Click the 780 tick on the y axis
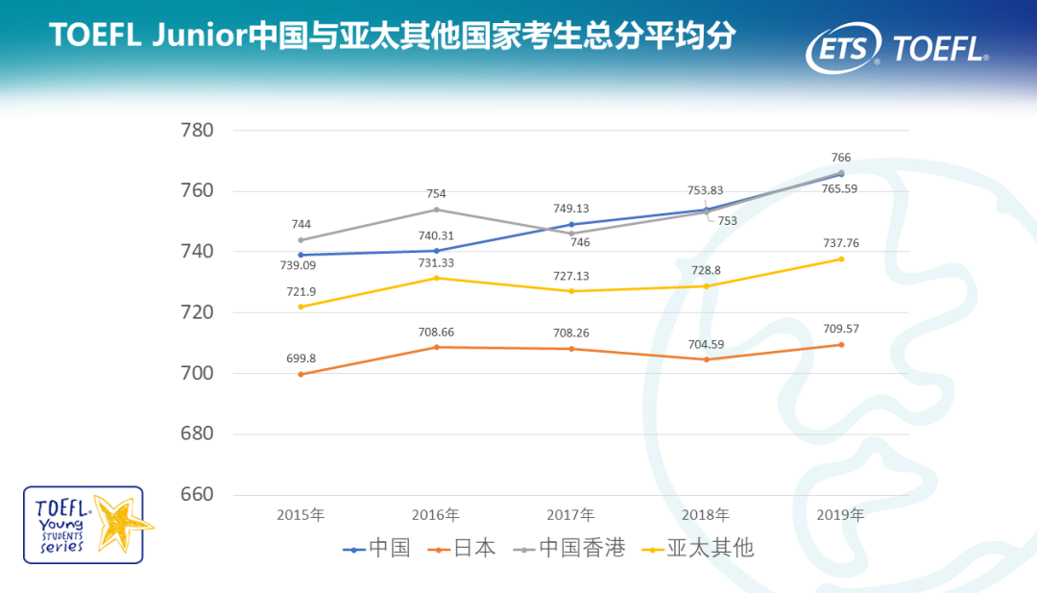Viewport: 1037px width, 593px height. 197,130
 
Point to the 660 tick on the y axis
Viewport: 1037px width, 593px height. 197,495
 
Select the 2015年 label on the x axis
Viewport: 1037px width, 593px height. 301,515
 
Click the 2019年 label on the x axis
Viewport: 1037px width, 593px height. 840,515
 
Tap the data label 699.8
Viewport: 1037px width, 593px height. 301,358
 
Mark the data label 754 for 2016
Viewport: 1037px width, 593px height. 436,194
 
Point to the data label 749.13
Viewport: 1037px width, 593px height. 570,209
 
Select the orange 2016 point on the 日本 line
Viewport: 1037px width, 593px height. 437,347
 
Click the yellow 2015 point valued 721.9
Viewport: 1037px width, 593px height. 301,307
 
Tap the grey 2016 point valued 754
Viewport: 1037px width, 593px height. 437,210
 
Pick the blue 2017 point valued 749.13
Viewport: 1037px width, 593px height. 571,224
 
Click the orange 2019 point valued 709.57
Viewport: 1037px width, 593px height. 841,344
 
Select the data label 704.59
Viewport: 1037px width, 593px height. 706,344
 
